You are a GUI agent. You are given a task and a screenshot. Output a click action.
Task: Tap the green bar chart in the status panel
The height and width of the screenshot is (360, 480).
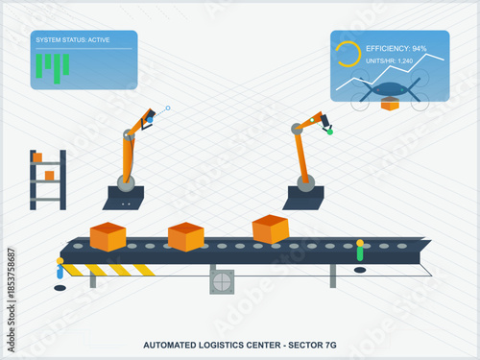53,64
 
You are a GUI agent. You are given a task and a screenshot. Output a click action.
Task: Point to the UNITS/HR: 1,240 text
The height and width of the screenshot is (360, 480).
389,60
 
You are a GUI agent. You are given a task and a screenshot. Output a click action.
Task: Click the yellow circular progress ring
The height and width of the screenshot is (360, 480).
348,55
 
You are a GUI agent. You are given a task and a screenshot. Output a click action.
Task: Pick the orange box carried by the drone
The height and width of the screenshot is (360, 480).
389,105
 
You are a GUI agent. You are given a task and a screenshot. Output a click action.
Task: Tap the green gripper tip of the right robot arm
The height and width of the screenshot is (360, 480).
328,129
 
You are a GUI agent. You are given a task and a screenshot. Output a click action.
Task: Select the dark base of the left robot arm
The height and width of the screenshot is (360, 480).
124,199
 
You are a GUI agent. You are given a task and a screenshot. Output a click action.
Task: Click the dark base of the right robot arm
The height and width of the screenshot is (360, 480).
304,199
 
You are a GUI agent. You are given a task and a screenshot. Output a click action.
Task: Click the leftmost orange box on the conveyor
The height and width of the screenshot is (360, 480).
108,236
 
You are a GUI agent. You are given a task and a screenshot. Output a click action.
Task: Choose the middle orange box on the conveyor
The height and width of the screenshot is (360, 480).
185,236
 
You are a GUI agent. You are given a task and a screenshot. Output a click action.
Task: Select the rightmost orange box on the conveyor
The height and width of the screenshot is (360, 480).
270,229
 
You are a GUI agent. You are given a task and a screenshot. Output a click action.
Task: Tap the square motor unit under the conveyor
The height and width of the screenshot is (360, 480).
222,281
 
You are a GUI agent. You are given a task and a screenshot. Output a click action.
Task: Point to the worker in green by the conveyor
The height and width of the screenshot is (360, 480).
360,252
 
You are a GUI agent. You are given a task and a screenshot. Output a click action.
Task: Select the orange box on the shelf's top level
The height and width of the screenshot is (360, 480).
36,156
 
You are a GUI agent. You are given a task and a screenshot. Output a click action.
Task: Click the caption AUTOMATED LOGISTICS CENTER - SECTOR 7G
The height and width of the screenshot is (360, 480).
239,344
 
